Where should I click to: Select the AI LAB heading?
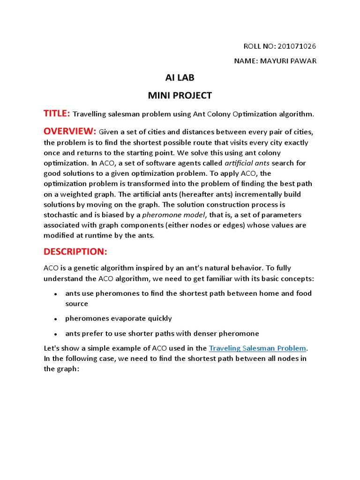coord(180,78)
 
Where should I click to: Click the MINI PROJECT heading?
coord(180,96)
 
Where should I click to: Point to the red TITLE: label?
coord(57,113)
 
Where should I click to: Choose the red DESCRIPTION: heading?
coord(75,252)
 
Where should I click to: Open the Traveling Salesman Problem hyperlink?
coord(257,348)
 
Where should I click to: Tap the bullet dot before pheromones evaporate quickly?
coord(56,319)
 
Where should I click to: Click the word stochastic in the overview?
coord(62,215)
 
